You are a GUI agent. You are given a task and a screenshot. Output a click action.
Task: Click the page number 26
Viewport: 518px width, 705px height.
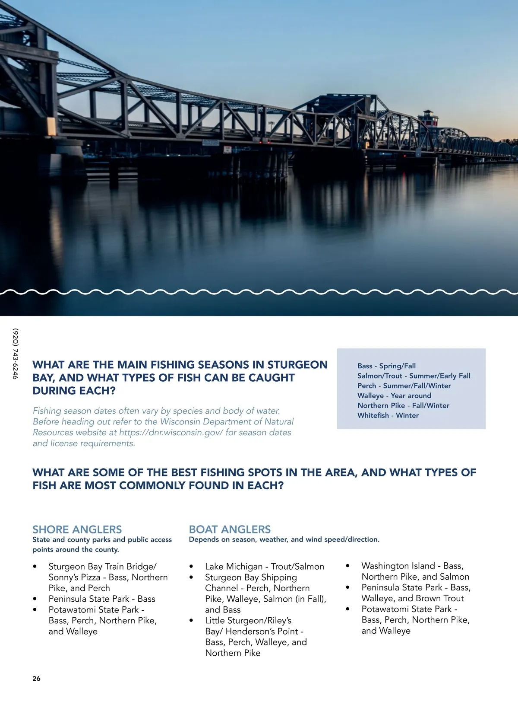pyautogui.click(x=36, y=679)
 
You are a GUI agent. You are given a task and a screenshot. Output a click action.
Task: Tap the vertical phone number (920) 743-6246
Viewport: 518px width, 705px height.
pyautogui.click(x=16, y=354)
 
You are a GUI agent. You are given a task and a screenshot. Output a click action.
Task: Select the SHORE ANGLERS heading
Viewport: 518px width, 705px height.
pyautogui.click(x=77, y=530)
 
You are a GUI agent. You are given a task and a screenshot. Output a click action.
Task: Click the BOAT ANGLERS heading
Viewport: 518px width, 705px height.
pyautogui.click(x=230, y=530)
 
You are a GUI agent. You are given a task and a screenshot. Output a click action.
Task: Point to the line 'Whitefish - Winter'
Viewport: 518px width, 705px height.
pyautogui.click(x=388, y=415)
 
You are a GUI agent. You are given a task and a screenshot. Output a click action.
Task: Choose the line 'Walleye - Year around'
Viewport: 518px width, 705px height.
pyautogui.click(x=394, y=396)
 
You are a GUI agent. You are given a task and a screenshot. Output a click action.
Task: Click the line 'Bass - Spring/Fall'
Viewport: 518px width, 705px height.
pyautogui.click(x=386, y=366)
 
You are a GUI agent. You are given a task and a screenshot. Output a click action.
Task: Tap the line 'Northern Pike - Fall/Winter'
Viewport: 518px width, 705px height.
pyautogui.click(x=403, y=405)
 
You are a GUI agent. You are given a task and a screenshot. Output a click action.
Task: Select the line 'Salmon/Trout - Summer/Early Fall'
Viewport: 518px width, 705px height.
pyautogui.click(x=414, y=376)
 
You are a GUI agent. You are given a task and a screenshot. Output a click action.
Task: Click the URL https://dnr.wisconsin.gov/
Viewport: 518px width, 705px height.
pyautogui.click(x=171, y=432)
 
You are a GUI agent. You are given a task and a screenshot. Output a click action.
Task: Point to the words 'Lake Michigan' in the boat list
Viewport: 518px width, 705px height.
pyautogui.click(x=234, y=566)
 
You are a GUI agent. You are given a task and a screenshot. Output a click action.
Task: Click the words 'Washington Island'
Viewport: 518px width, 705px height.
pyautogui.click(x=398, y=566)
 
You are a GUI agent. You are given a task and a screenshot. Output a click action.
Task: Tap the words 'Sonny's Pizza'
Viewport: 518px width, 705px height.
pyautogui.click(x=74, y=577)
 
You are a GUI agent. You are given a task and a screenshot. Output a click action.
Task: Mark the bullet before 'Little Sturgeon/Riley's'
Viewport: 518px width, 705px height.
pyautogui.click(x=191, y=621)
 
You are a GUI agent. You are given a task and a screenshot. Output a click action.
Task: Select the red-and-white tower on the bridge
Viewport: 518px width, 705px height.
pyautogui.click(x=427, y=118)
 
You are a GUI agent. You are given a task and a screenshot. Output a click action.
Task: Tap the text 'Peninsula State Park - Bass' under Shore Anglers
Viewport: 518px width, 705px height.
pyautogui.click(x=102, y=599)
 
